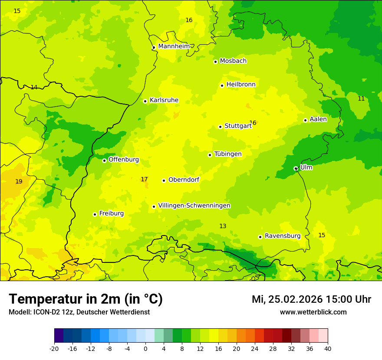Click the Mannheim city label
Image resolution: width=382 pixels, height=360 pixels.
coord(174,46)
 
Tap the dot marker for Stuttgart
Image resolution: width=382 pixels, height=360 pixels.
coord(220,127)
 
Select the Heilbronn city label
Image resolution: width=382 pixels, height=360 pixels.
coord(241,85)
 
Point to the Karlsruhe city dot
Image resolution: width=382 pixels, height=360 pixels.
coord(145,101)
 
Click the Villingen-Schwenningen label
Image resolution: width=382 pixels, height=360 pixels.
coord(194,206)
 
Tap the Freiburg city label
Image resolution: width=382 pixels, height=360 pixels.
coord(111,213)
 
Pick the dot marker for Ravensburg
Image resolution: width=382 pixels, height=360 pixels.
coord(260,237)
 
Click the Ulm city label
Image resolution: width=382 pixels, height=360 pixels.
coord(306,167)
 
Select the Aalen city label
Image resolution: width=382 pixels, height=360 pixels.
coord(318,119)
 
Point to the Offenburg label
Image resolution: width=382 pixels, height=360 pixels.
coord(124,160)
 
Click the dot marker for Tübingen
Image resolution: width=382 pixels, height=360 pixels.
coord(210,155)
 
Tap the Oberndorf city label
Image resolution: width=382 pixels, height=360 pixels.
coord(184,180)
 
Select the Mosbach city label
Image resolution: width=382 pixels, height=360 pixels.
coord(233,61)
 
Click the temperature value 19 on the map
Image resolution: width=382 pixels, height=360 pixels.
coord(19,181)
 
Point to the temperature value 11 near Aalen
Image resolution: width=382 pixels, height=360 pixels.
coord(361,98)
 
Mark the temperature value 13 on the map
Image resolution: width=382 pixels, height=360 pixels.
coord(223,226)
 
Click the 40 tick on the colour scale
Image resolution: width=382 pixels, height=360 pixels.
coord(327,348)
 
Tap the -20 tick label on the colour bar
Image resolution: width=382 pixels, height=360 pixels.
coord(54,348)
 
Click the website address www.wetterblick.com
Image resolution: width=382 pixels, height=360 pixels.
coord(313,312)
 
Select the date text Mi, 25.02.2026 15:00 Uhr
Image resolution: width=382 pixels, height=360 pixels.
coord(311,299)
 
